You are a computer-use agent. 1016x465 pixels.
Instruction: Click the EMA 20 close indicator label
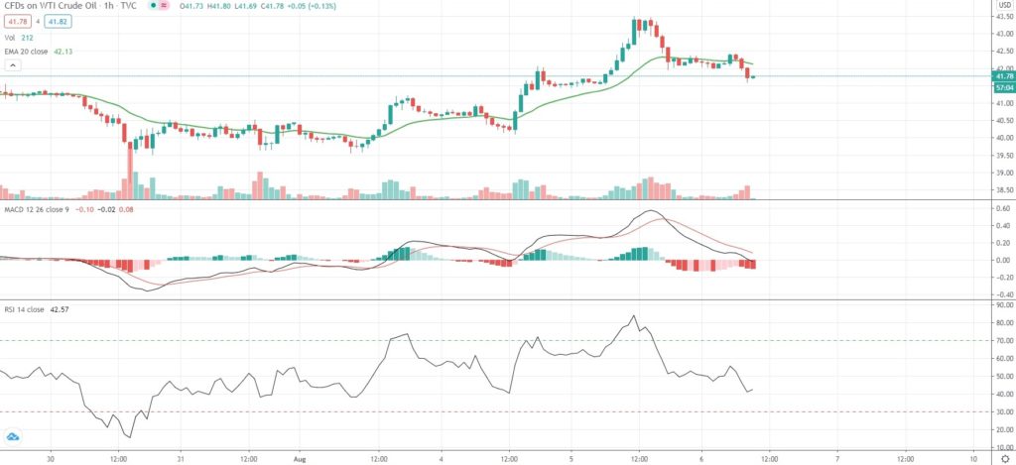point(36,53)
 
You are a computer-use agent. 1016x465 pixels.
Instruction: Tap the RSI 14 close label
point(30,309)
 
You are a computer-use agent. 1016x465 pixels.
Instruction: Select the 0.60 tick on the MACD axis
point(1002,208)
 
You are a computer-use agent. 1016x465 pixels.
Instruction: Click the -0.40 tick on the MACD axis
point(1002,294)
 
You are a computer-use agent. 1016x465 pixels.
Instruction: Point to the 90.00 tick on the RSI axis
point(1002,305)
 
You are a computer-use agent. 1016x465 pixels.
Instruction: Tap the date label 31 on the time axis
point(180,459)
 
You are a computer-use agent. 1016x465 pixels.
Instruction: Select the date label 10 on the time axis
point(974,459)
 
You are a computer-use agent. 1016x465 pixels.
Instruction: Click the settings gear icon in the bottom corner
point(1004,459)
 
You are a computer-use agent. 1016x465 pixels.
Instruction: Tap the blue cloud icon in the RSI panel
point(13,436)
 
